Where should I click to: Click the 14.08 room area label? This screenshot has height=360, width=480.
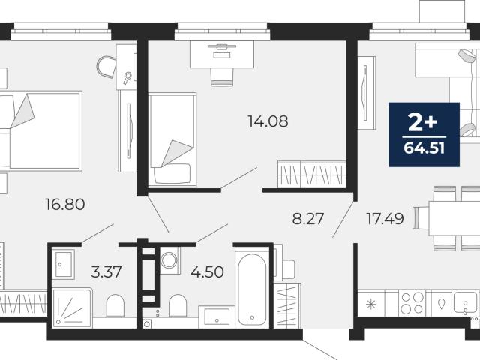(x=268, y=121)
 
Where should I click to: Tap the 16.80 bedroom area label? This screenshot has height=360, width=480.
(x=65, y=204)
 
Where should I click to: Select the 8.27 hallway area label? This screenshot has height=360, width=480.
(x=308, y=219)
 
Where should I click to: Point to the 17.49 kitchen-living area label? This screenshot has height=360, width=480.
(x=385, y=219)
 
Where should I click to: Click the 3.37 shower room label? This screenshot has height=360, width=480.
(x=106, y=271)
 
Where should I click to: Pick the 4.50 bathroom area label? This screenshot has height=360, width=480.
(x=207, y=271)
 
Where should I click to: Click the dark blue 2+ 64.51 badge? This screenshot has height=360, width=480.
(x=424, y=135)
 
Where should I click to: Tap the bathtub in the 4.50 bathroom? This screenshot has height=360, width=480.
(x=252, y=289)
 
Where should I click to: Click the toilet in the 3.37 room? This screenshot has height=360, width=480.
(x=115, y=305)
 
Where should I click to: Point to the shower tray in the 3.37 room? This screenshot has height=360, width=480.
(x=72, y=307)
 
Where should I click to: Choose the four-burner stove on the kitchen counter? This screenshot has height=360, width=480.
(x=412, y=303)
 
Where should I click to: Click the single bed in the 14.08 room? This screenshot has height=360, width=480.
(x=172, y=139)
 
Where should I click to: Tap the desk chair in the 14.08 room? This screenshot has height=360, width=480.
(x=222, y=77)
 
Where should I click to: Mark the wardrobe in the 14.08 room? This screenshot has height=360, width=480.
(x=312, y=174)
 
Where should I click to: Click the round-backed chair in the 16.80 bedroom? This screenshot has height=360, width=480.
(x=106, y=67)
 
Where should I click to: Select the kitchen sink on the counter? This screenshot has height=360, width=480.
(x=465, y=303)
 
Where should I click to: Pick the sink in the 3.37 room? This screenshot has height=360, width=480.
(x=63, y=264)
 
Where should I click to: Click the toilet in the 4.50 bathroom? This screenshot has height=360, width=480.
(x=178, y=305)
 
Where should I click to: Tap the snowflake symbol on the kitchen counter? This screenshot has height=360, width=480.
(x=371, y=304)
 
